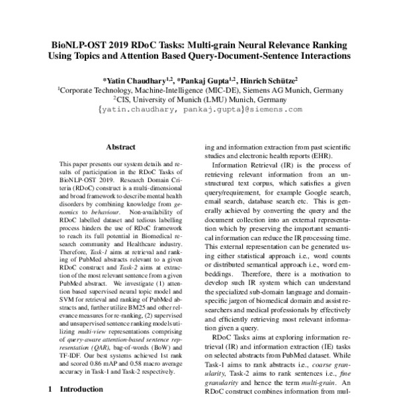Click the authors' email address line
(198, 109)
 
